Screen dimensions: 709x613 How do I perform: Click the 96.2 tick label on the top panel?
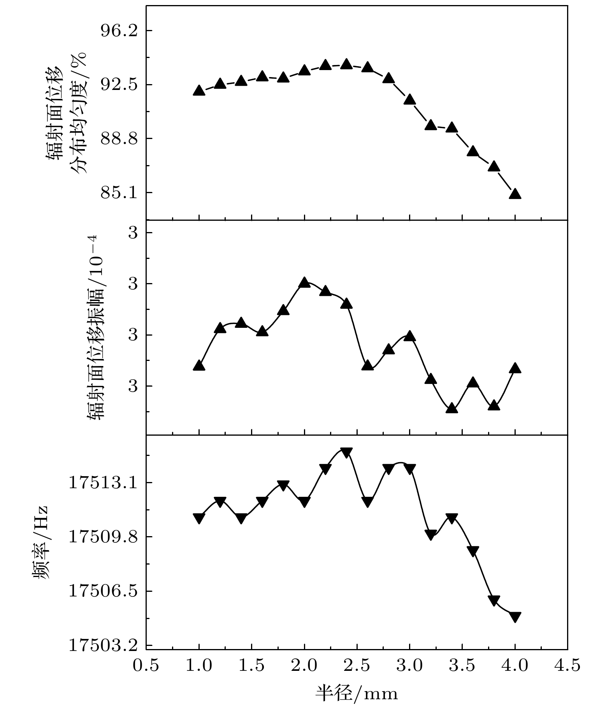pyautogui.click(x=119, y=31)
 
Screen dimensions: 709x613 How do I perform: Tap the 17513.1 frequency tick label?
pyautogui.click(x=103, y=483)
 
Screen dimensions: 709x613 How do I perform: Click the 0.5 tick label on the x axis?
pyautogui.click(x=146, y=665)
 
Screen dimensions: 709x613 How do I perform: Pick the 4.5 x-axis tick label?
pyautogui.click(x=567, y=665)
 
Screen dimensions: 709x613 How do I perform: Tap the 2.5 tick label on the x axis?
pyautogui.click(x=357, y=665)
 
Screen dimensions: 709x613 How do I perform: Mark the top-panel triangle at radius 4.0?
pyautogui.click(x=515, y=194)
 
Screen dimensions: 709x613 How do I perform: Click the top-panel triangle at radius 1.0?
pyautogui.click(x=199, y=91)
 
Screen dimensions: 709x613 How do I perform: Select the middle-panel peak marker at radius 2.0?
pyautogui.click(x=305, y=283)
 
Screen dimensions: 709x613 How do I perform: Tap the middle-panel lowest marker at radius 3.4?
pyautogui.click(x=451, y=408)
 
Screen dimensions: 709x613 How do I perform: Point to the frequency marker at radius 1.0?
pyautogui.click(x=199, y=518)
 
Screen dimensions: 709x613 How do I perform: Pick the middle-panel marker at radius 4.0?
pyautogui.click(x=515, y=368)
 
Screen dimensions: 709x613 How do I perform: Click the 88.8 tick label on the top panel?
pyautogui.click(x=119, y=139)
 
